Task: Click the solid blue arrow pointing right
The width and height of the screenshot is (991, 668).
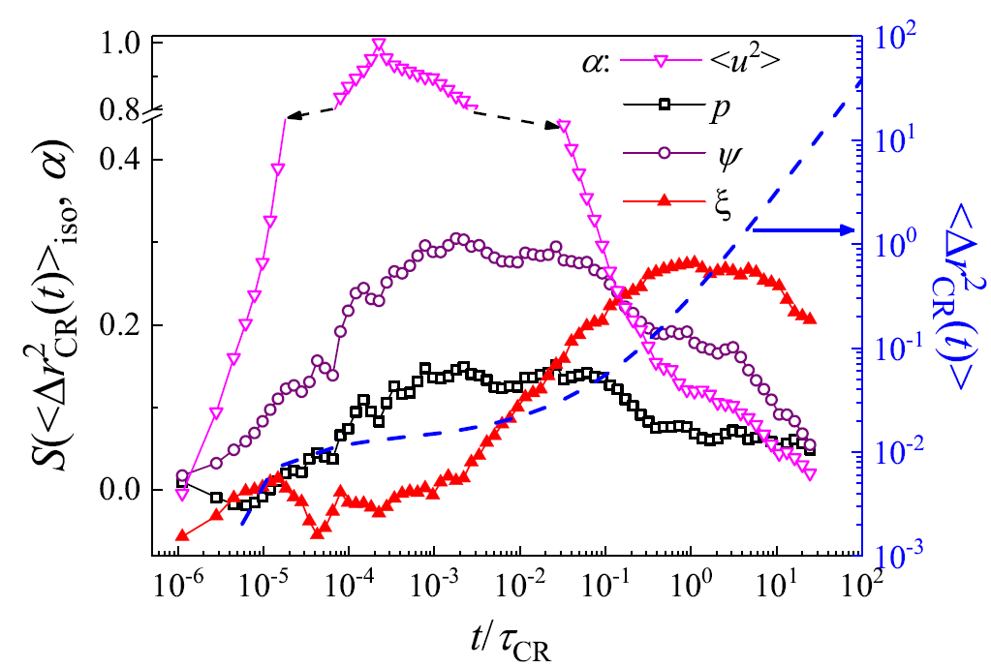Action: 803,229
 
